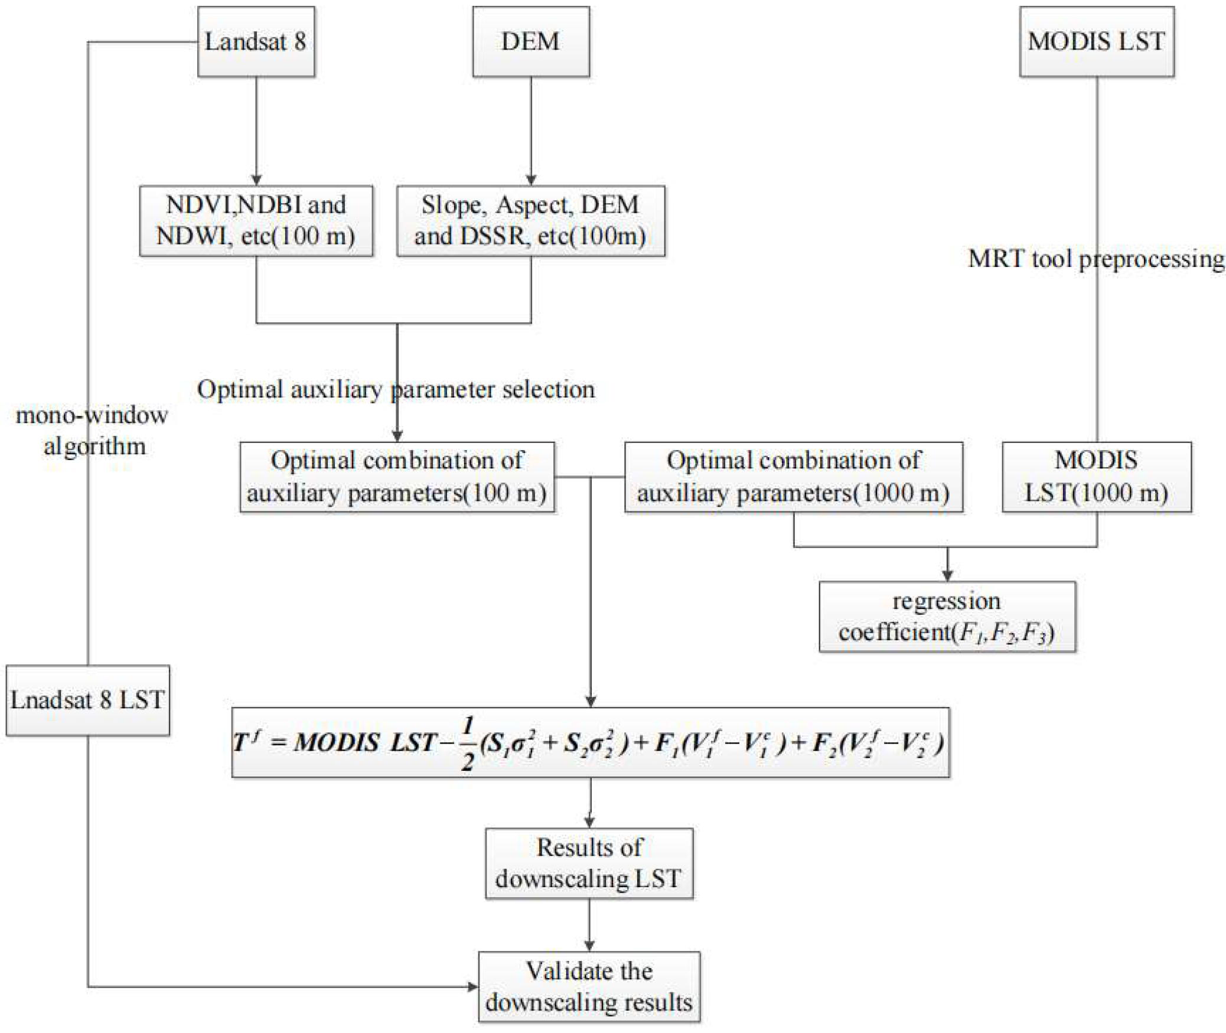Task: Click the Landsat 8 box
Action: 256,42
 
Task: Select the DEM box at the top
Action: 530,42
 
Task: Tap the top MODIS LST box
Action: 1096,42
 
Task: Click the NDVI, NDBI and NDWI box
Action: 256,221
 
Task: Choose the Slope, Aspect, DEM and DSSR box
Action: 530,221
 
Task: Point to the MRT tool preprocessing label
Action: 1096,259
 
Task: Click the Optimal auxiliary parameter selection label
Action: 396,390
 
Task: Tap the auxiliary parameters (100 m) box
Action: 397,477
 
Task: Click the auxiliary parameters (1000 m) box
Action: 793,477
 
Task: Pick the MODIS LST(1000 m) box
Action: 1096,477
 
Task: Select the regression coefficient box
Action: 947,617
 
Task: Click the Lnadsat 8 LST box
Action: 87,700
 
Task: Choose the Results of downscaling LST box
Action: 589,863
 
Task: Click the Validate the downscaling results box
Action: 589,987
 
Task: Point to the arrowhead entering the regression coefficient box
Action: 947,576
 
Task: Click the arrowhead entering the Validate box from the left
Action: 472,987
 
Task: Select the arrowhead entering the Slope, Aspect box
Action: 530,180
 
